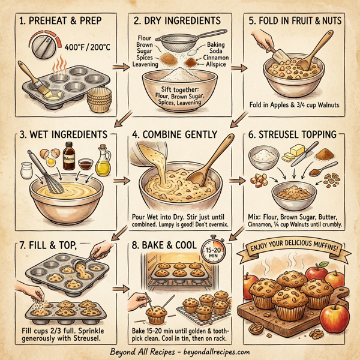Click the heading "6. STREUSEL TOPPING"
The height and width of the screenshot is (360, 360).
pos(296,136)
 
